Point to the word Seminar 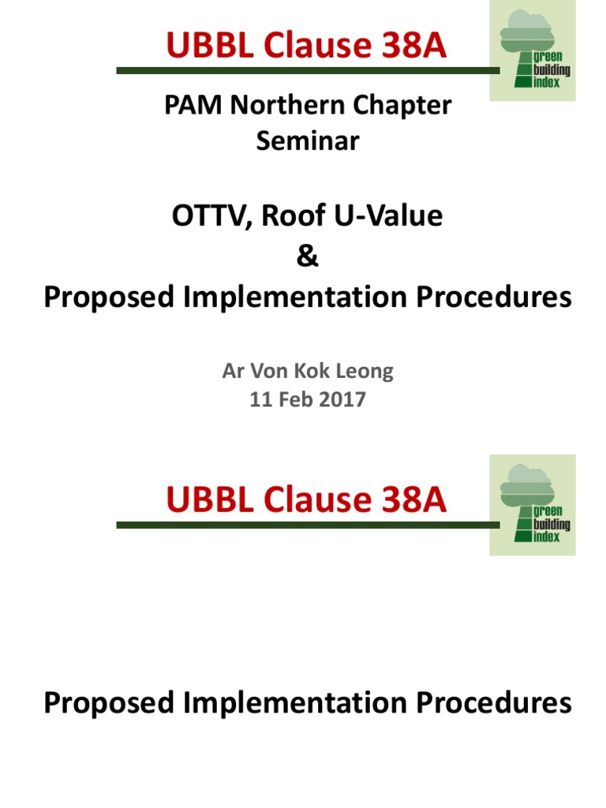coord(308,141)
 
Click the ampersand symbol coord(308,257)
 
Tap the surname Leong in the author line coord(365,371)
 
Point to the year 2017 coord(343,400)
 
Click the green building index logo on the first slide coord(533,51)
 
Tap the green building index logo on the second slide coord(533,505)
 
